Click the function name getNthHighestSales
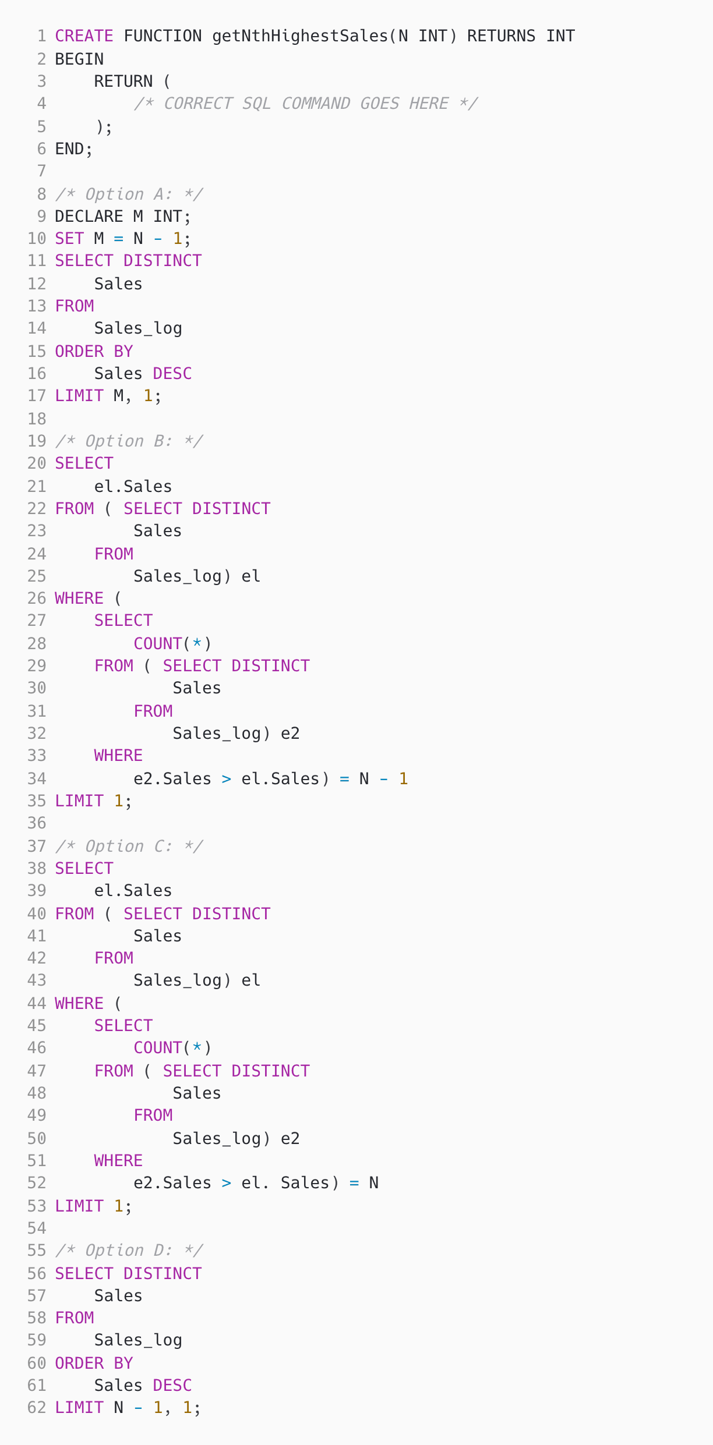coord(300,36)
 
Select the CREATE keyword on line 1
coord(84,36)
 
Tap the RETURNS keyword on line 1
coord(501,36)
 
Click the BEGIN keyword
coord(79,59)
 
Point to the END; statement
coord(74,149)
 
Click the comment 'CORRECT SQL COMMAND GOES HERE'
coord(306,104)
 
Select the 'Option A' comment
coord(129,194)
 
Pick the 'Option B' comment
coord(129,441)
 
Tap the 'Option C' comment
coord(129,846)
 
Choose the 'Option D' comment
coord(129,1250)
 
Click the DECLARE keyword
coord(89,217)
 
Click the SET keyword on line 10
coord(69,239)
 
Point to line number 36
coord(37,823)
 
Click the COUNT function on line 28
coord(158,643)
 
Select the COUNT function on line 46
coord(158,1047)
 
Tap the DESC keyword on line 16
coord(172,373)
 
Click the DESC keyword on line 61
coord(172,1385)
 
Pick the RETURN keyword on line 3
coord(123,82)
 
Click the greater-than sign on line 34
coord(227,778)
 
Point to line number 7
coord(41,171)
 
